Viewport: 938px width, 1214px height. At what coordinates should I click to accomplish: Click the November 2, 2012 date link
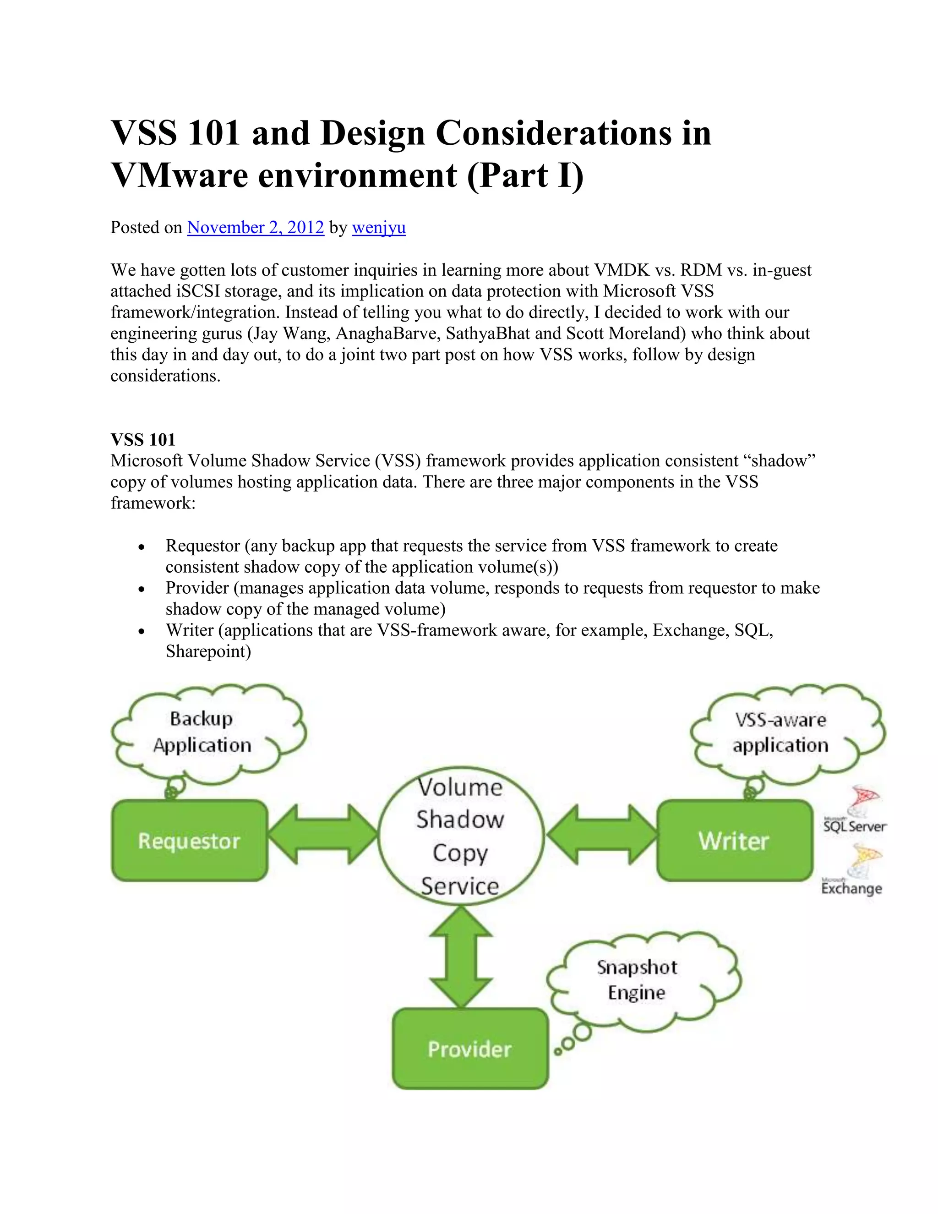coord(255,227)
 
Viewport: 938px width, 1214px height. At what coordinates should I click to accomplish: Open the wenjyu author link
coord(378,227)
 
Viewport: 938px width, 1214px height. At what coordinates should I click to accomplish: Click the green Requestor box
coord(190,841)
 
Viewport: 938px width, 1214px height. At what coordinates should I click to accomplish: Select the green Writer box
coord(734,841)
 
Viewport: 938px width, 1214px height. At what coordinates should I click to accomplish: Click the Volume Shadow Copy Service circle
coord(460,836)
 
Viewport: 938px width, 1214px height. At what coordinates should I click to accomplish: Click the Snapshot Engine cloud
coord(638,980)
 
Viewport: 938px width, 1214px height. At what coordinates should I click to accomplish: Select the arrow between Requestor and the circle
coord(323,834)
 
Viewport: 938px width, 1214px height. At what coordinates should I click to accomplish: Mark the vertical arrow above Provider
coord(461,957)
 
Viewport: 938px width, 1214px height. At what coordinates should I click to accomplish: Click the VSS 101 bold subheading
coord(143,440)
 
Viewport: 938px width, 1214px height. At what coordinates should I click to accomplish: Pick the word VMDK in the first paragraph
coord(622,270)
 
